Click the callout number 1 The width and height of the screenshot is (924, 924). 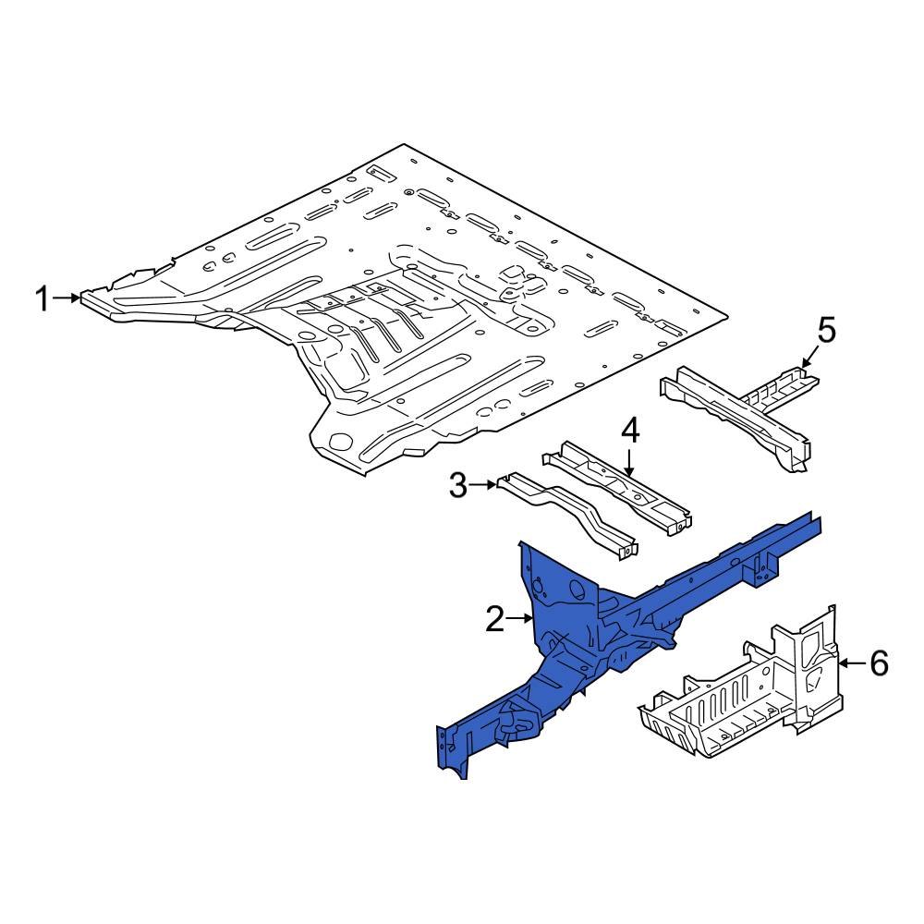(x=42, y=298)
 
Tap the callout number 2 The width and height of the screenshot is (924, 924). (x=495, y=619)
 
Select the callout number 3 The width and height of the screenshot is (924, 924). (x=458, y=485)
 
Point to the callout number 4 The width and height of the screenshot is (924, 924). (x=629, y=432)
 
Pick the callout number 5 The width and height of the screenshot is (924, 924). (x=825, y=330)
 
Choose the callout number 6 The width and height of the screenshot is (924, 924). (x=878, y=663)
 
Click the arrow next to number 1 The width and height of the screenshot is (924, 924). (x=68, y=298)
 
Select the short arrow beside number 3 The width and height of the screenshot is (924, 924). (x=484, y=484)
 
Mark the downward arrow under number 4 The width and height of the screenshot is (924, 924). (x=629, y=462)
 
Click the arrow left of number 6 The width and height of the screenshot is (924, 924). (x=852, y=663)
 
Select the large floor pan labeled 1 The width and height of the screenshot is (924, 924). (x=416, y=296)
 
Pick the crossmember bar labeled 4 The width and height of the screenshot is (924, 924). (x=614, y=485)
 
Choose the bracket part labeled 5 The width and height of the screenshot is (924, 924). (x=739, y=411)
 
